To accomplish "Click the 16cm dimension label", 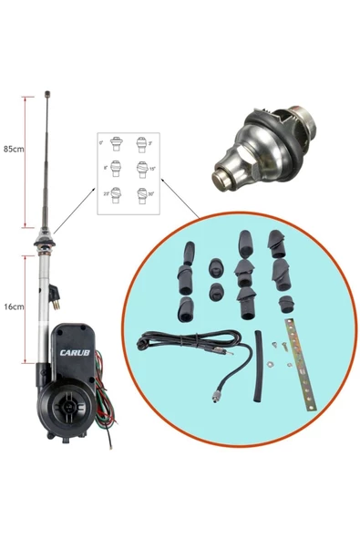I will [x=14, y=306].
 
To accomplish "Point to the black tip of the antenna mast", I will [x=46, y=94].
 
